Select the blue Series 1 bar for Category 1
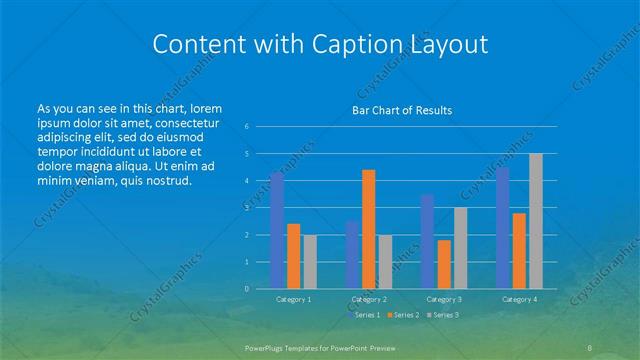coord(277,230)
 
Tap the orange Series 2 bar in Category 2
coord(369,229)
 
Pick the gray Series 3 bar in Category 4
coord(536,221)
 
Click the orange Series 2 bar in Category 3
coord(444,264)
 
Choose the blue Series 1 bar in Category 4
coord(503,228)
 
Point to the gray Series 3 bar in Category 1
coord(310,262)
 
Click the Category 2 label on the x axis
coord(369,299)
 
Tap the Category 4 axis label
coord(519,299)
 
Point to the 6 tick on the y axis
coord(246,127)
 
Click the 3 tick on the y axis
coord(246,208)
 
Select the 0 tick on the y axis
coord(246,289)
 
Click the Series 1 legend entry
coord(365,315)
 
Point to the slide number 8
coord(590,347)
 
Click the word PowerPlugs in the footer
coord(268,347)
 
